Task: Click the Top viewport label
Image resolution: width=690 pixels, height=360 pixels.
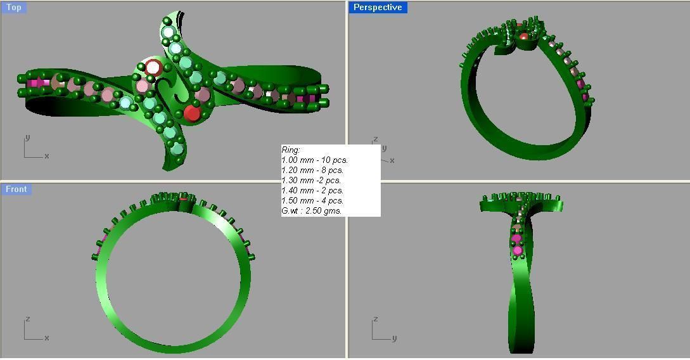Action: click(13, 8)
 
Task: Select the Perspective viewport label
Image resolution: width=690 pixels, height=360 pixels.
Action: click(378, 8)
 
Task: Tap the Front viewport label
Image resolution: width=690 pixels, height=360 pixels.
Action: click(16, 189)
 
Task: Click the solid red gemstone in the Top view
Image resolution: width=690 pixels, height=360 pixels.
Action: click(192, 113)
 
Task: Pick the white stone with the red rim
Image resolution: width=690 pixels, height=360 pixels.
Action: click(153, 67)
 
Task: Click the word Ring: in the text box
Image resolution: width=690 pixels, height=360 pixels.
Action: click(291, 150)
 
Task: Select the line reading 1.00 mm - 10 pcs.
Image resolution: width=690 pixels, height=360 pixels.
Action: click(314, 160)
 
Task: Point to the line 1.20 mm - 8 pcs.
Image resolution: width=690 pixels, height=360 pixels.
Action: click(312, 170)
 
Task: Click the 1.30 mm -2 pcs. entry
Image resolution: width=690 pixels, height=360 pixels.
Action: click(311, 181)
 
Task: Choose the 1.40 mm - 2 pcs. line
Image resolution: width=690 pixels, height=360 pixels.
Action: click(312, 191)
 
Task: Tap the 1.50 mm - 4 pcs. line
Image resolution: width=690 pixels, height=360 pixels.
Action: click(312, 201)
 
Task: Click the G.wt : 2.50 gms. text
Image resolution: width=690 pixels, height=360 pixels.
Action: click(312, 211)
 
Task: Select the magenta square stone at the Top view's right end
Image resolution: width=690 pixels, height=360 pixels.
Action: click(310, 99)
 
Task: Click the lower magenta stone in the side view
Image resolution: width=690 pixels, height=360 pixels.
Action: click(518, 251)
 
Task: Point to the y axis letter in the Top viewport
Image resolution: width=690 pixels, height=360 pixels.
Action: click(27, 138)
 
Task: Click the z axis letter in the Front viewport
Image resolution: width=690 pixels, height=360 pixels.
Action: click(27, 319)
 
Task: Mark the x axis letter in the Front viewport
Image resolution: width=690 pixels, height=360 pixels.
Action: click(47, 338)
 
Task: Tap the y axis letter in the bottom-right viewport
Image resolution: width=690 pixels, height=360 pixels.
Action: click(394, 338)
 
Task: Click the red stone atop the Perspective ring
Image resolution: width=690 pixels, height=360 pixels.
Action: click(523, 36)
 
